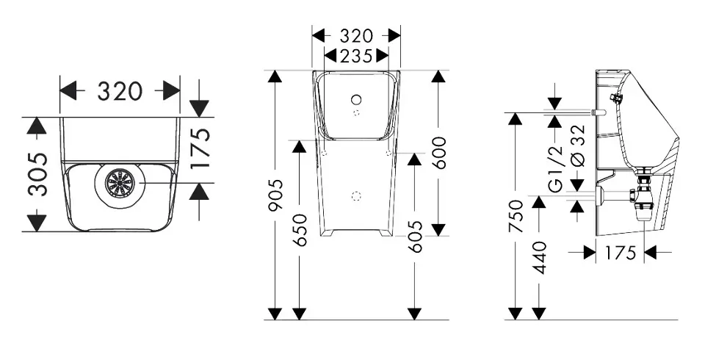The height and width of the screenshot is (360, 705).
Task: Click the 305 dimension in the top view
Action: (37, 175)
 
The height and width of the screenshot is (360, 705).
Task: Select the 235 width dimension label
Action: (356, 57)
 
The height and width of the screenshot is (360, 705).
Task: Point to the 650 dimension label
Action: (300, 230)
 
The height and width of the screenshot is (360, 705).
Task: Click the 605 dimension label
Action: (415, 237)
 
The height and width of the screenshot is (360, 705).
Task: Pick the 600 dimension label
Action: (440, 153)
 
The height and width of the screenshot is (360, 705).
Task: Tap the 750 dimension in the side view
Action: (516, 217)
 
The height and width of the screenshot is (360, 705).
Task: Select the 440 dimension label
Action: (539, 258)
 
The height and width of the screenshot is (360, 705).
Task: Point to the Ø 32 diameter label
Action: (580, 145)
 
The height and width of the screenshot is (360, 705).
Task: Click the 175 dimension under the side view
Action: (619, 253)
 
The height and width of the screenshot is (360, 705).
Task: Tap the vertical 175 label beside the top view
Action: (200, 148)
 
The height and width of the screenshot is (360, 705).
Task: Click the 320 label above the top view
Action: (120, 91)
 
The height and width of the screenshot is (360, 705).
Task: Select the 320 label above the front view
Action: (356, 36)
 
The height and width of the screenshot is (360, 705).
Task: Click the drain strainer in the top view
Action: (120, 183)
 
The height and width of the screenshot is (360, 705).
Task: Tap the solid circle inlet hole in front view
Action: (357, 100)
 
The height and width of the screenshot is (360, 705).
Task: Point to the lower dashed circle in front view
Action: (357, 195)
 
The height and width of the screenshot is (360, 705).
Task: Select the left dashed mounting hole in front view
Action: (325, 153)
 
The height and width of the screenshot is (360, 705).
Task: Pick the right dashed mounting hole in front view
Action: (389, 153)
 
